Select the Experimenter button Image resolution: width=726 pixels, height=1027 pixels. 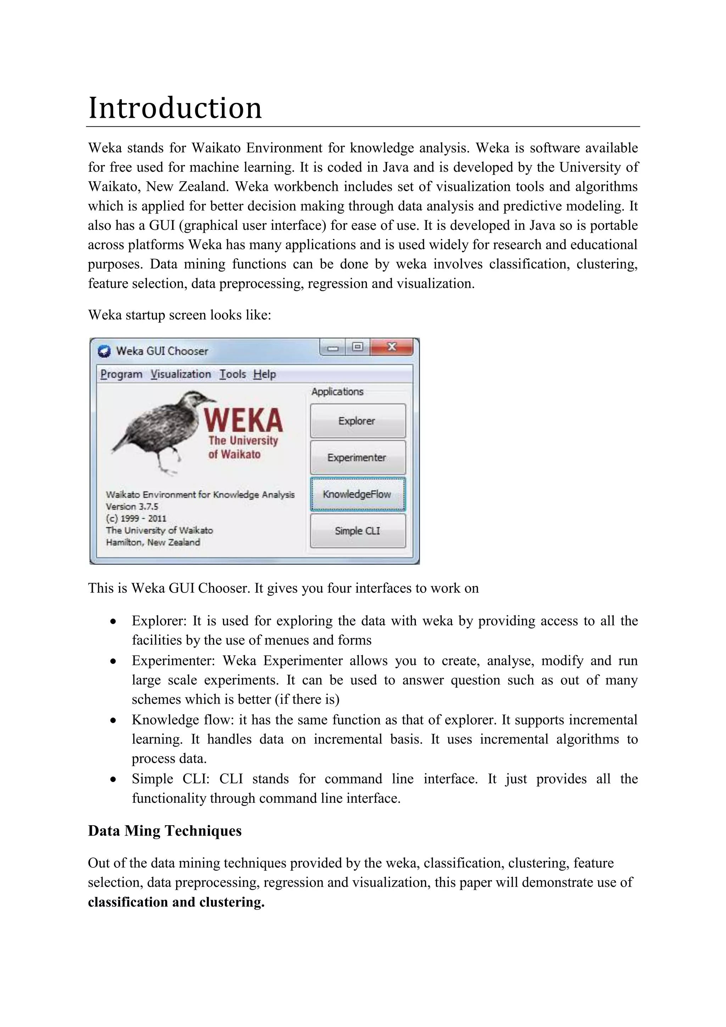(x=358, y=457)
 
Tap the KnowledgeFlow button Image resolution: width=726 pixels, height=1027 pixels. (x=358, y=494)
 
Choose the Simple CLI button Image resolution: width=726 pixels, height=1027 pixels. (x=358, y=531)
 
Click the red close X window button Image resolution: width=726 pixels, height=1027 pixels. (x=392, y=347)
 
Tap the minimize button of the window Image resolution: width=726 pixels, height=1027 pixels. (x=333, y=348)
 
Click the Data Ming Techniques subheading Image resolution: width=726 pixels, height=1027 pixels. (x=164, y=831)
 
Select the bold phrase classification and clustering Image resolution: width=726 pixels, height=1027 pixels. (x=176, y=902)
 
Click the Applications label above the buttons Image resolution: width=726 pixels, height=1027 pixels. (x=337, y=392)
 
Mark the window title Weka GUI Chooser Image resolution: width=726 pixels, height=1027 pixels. (x=162, y=351)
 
